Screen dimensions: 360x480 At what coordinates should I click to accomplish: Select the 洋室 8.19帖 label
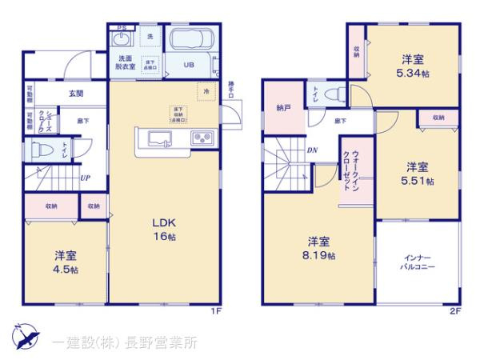[318, 248]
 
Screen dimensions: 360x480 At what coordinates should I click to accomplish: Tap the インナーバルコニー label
[418, 264]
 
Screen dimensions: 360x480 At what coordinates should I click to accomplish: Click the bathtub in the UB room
[191, 40]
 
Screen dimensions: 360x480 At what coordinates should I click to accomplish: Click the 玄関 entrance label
[75, 94]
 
